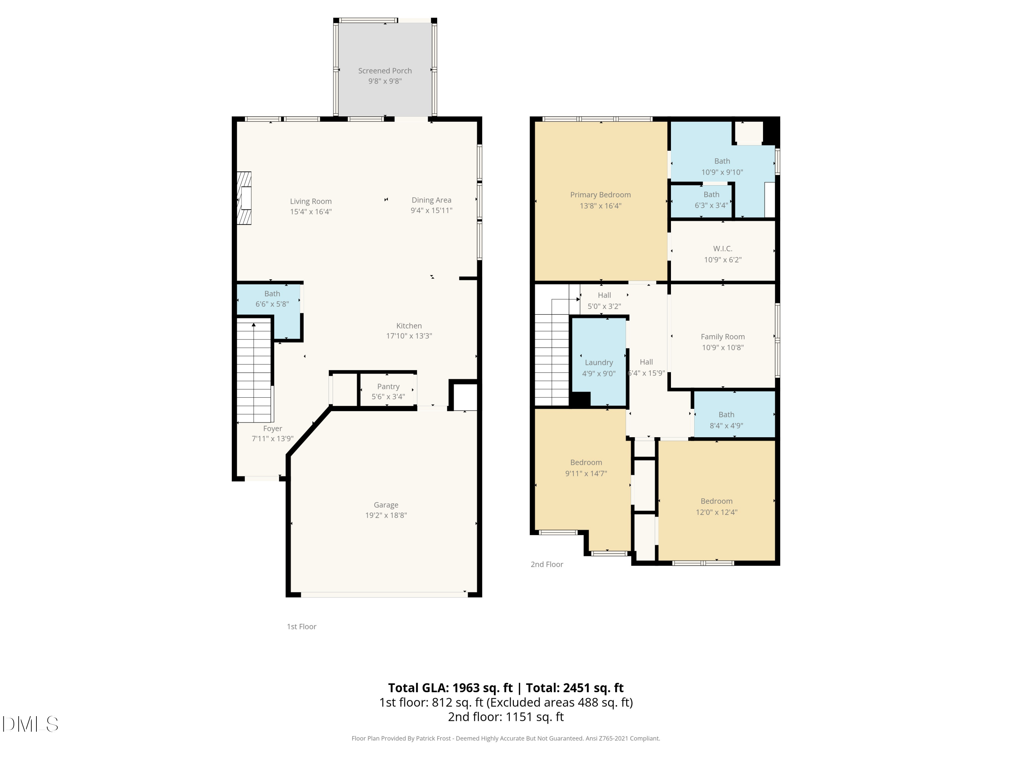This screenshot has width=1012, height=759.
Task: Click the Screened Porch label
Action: coord(385,71)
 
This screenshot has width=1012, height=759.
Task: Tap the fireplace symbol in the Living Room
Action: coord(244,198)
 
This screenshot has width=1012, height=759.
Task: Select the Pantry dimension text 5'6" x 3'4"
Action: coord(388,397)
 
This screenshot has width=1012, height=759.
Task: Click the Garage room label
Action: coord(386,505)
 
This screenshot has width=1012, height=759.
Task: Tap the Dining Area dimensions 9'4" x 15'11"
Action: coord(431,210)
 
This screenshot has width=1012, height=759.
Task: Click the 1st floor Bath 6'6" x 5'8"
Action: coord(272,298)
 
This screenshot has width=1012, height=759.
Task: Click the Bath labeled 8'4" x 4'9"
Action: coord(726,420)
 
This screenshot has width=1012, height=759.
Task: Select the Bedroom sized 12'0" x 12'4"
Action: coord(716,506)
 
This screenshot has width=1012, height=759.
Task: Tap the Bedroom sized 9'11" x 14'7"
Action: coord(586,468)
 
